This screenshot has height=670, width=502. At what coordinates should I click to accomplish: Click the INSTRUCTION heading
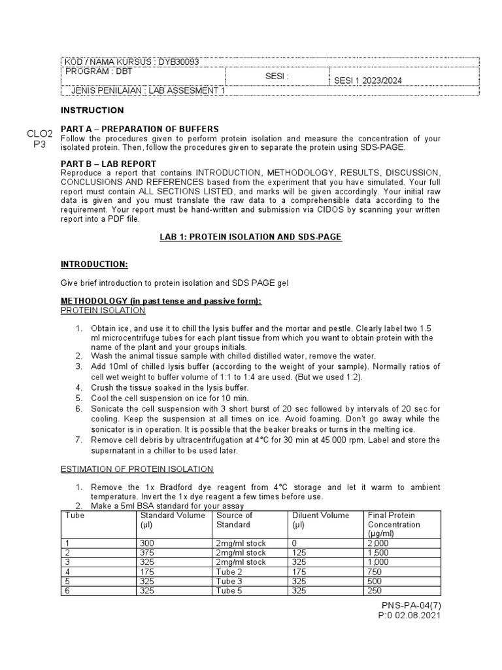coord(92,111)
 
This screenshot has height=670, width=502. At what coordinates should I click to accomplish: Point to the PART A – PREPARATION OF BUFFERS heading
coord(139,129)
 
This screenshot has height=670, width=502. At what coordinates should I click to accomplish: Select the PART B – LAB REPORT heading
coord(108,164)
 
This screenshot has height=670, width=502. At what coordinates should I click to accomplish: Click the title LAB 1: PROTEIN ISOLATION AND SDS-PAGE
coord(251,237)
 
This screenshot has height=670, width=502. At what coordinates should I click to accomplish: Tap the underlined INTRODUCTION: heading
coord(94,264)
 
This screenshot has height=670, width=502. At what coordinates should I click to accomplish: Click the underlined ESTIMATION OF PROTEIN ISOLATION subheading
coord(137,468)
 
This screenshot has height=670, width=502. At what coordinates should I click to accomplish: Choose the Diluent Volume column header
coord(321,516)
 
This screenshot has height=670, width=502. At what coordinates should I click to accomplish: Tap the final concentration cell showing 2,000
coord(378,543)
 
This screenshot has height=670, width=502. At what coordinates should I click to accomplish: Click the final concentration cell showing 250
coord(376,590)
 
